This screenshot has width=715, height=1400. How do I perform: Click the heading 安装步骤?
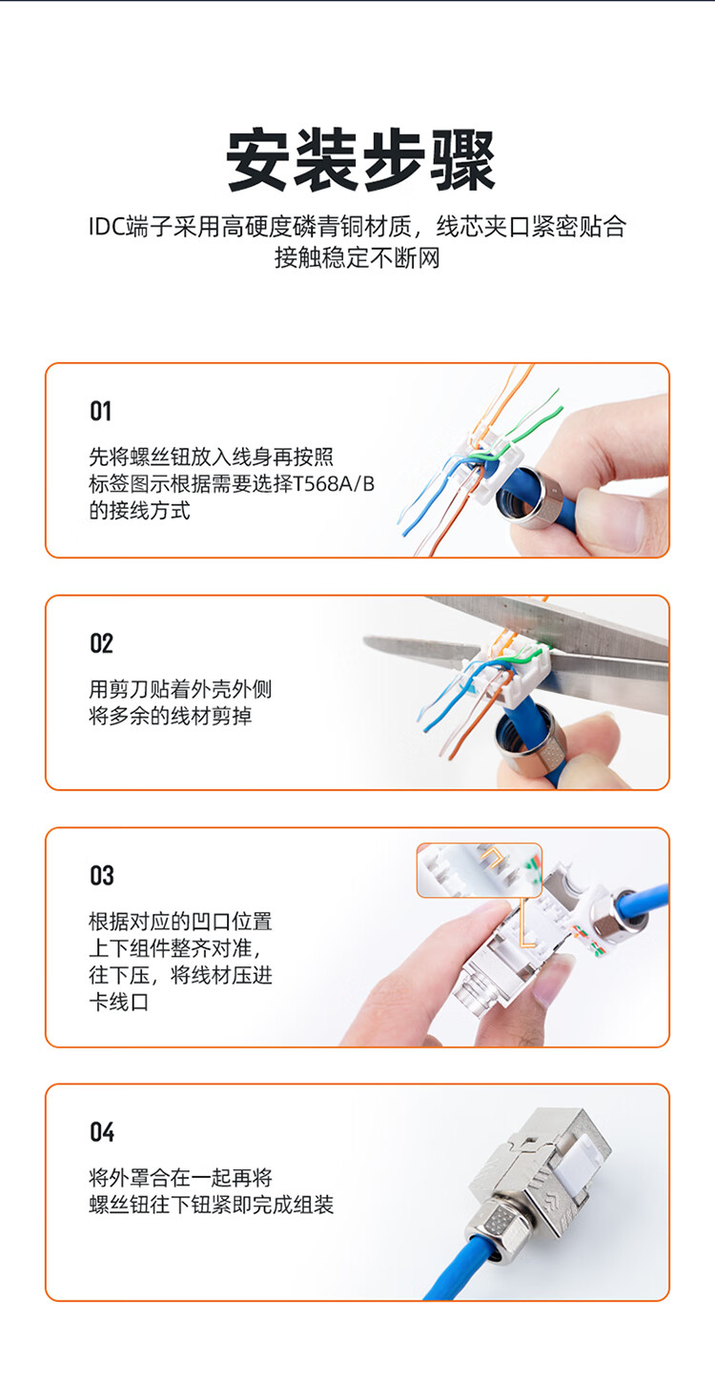[x=360, y=160]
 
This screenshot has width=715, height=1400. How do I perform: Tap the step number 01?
[x=101, y=412]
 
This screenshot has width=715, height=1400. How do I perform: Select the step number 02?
[x=101, y=643]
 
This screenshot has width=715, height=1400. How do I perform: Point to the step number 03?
[x=102, y=876]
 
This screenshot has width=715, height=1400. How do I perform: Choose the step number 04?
[x=102, y=1132]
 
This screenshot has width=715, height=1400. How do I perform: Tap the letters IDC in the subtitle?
[x=106, y=226]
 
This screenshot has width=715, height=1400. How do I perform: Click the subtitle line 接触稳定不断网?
[x=357, y=257]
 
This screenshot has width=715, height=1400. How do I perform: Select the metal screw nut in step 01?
[x=527, y=497]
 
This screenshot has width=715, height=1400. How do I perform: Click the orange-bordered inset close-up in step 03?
[x=480, y=870]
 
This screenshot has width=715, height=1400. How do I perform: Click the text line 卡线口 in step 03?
[x=119, y=1002]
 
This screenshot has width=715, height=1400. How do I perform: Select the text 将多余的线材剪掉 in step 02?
[x=171, y=716]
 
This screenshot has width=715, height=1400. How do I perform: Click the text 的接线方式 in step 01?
[x=139, y=511]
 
